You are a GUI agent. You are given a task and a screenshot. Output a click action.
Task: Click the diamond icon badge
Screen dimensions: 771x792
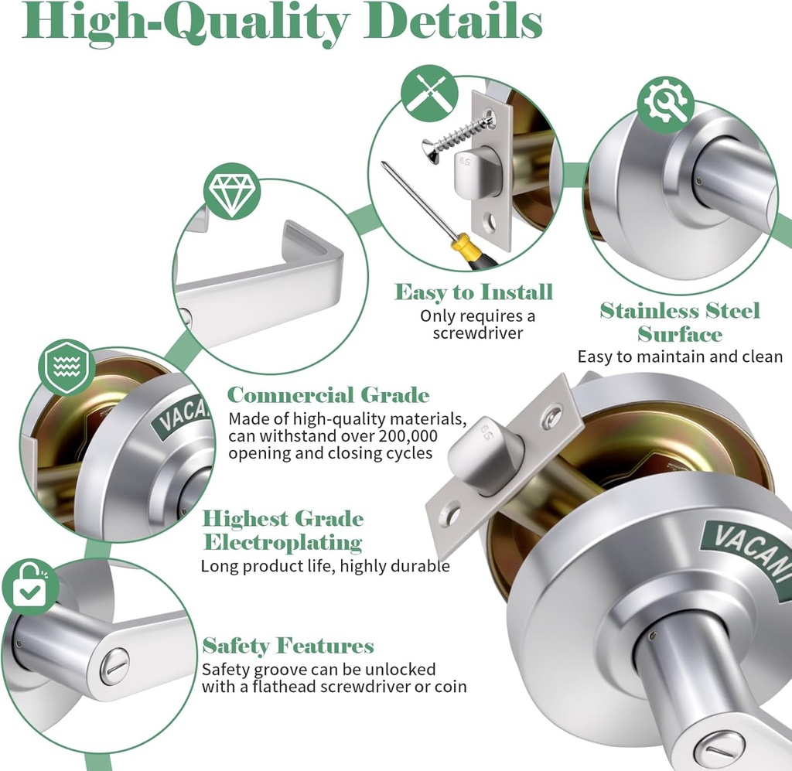click(231, 191)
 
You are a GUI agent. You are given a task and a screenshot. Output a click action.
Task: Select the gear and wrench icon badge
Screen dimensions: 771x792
click(665, 104)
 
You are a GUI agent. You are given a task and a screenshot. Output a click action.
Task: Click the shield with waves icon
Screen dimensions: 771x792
click(67, 367)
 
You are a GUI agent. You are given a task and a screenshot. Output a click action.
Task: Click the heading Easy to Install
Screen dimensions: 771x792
click(473, 292)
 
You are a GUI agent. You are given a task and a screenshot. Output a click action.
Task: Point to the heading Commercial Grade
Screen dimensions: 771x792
click(328, 395)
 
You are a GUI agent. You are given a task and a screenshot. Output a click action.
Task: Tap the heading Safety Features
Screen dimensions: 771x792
click(288, 646)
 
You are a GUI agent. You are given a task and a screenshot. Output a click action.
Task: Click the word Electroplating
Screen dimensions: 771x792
click(282, 542)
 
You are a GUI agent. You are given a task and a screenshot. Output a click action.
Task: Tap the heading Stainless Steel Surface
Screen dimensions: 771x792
click(680, 322)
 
